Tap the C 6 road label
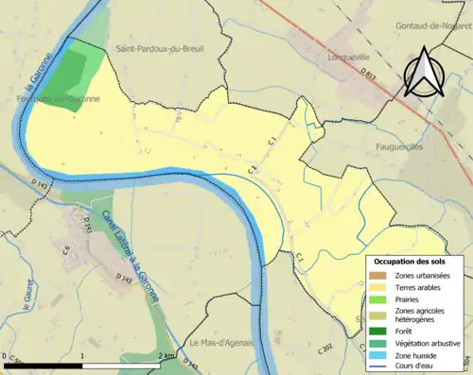tap(66, 252)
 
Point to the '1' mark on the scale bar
tap(82, 355)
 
